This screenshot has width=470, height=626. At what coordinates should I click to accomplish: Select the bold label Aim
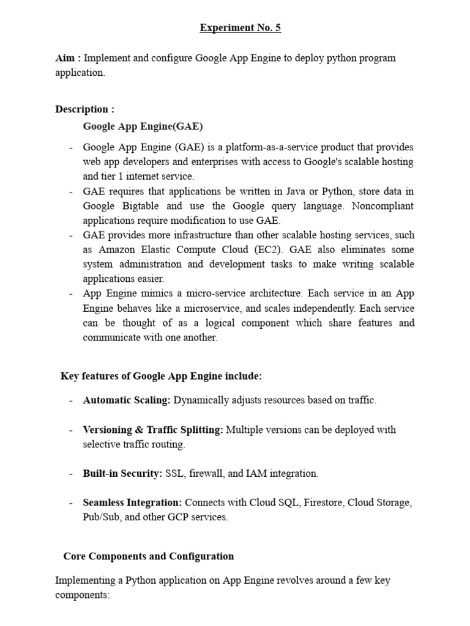(x=67, y=58)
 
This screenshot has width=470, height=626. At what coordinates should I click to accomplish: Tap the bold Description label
(x=84, y=109)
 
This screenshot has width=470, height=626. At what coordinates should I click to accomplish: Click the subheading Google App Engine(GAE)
(x=143, y=127)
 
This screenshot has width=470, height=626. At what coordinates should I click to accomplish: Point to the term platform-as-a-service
(x=273, y=147)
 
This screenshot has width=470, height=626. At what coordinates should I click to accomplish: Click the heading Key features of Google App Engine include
(x=161, y=376)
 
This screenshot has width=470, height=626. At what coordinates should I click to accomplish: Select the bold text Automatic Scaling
(x=127, y=400)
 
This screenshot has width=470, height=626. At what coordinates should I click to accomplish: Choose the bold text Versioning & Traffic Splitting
(x=153, y=430)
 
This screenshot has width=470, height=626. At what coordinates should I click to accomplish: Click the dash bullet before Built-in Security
(x=71, y=474)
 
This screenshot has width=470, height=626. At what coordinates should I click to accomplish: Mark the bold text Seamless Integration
(x=132, y=503)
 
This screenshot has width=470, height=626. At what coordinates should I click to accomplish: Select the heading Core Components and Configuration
(x=148, y=556)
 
